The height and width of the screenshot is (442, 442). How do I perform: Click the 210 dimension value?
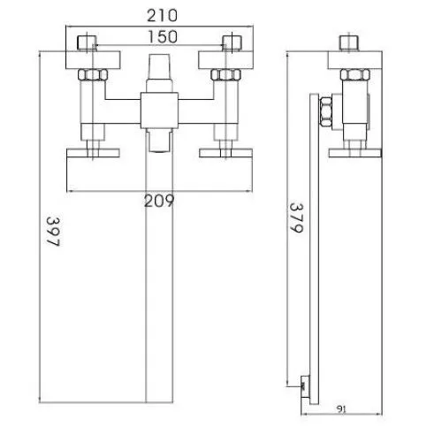(162, 16)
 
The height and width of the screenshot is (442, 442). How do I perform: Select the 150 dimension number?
(163, 37)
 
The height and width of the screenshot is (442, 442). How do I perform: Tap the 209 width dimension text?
(159, 202)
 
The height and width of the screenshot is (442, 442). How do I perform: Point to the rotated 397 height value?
(53, 232)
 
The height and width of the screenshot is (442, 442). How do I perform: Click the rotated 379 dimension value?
(296, 217)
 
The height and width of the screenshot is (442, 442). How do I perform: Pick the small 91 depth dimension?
(341, 409)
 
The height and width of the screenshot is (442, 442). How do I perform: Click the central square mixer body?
(159, 110)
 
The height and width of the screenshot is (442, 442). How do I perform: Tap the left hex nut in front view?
(93, 75)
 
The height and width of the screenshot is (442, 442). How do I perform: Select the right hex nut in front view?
(225, 75)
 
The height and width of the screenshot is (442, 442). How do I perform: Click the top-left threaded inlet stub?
(88, 43)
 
